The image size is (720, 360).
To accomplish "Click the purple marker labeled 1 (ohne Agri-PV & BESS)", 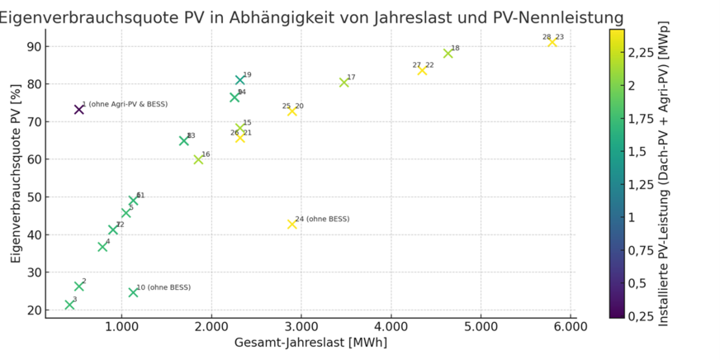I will point(79,109).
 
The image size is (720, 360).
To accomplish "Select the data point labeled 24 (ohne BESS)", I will point(291,224).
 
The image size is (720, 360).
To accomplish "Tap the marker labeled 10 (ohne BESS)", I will point(133,292).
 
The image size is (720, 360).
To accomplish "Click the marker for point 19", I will point(240,80).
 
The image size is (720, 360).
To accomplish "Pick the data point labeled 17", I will point(344,83).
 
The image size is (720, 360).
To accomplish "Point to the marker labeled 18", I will point(448,54).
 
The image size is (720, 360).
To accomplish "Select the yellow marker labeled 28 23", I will point(552,42).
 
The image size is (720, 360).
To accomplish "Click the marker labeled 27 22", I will point(422,70).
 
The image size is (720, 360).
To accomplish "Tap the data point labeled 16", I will point(198,159).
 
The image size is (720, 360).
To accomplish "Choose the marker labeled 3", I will point(69,305).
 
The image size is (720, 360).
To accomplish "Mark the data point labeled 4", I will point(102,247).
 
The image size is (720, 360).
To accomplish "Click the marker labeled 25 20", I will point(291,111).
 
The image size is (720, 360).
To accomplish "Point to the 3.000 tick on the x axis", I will point(301,328).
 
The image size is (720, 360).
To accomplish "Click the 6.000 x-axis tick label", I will point(570,328).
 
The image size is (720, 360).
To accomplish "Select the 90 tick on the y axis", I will point(33,46).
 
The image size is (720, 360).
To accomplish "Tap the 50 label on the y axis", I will point(33,197).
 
